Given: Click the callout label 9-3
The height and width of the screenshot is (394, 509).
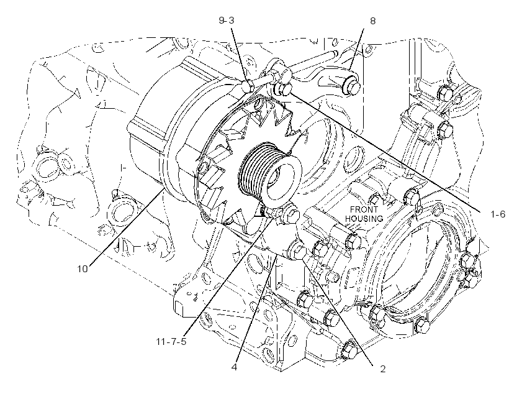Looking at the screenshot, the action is (x=227, y=21).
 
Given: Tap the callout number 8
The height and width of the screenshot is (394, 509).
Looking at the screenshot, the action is (x=372, y=21).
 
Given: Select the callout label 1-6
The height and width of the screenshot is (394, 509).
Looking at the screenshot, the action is (x=498, y=214).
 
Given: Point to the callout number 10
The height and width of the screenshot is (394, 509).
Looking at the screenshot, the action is (x=83, y=269).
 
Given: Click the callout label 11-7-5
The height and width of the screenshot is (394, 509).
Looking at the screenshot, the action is (x=171, y=342).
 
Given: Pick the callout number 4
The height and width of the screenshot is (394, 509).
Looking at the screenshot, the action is (x=235, y=367).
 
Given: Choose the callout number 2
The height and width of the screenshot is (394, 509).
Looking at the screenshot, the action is (x=383, y=369).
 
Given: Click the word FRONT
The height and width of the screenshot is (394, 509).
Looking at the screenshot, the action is (x=364, y=209).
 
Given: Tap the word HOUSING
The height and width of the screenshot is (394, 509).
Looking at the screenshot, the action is (x=364, y=219).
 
